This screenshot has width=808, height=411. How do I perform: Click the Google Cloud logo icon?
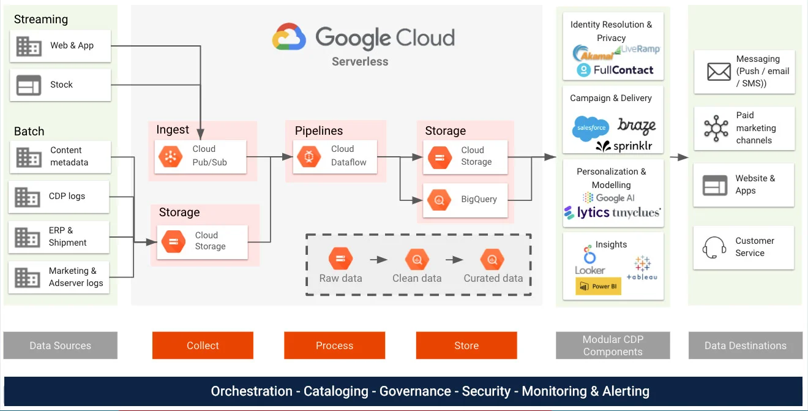click(x=289, y=37)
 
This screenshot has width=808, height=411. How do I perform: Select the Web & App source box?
click(x=60, y=46)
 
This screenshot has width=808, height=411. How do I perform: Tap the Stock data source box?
click(x=60, y=85)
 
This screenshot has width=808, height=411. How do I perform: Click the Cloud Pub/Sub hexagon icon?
click(x=170, y=157)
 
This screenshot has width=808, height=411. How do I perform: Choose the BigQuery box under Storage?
click(x=465, y=200)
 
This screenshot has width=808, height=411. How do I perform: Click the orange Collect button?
click(x=203, y=345)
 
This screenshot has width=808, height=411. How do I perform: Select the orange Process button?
click(x=334, y=345)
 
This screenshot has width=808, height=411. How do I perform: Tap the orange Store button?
click(x=466, y=345)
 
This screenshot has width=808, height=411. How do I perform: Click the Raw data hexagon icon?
click(x=340, y=259)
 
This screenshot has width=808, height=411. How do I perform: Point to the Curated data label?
click(x=493, y=278)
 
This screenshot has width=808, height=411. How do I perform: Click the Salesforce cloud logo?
click(x=590, y=128)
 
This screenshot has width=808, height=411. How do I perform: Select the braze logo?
click(x=637, y=126)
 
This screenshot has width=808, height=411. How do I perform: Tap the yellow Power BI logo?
click(x=598, y=286)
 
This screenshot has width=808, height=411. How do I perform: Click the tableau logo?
click(x=642, y=270)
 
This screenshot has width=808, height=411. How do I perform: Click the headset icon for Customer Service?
click(x=714, y=248)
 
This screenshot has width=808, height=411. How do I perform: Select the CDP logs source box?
click(x=59, y=197)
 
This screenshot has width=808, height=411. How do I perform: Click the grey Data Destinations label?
click(x=745, y=345)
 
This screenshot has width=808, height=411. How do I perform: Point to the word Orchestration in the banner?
click(x=252, y=391)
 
